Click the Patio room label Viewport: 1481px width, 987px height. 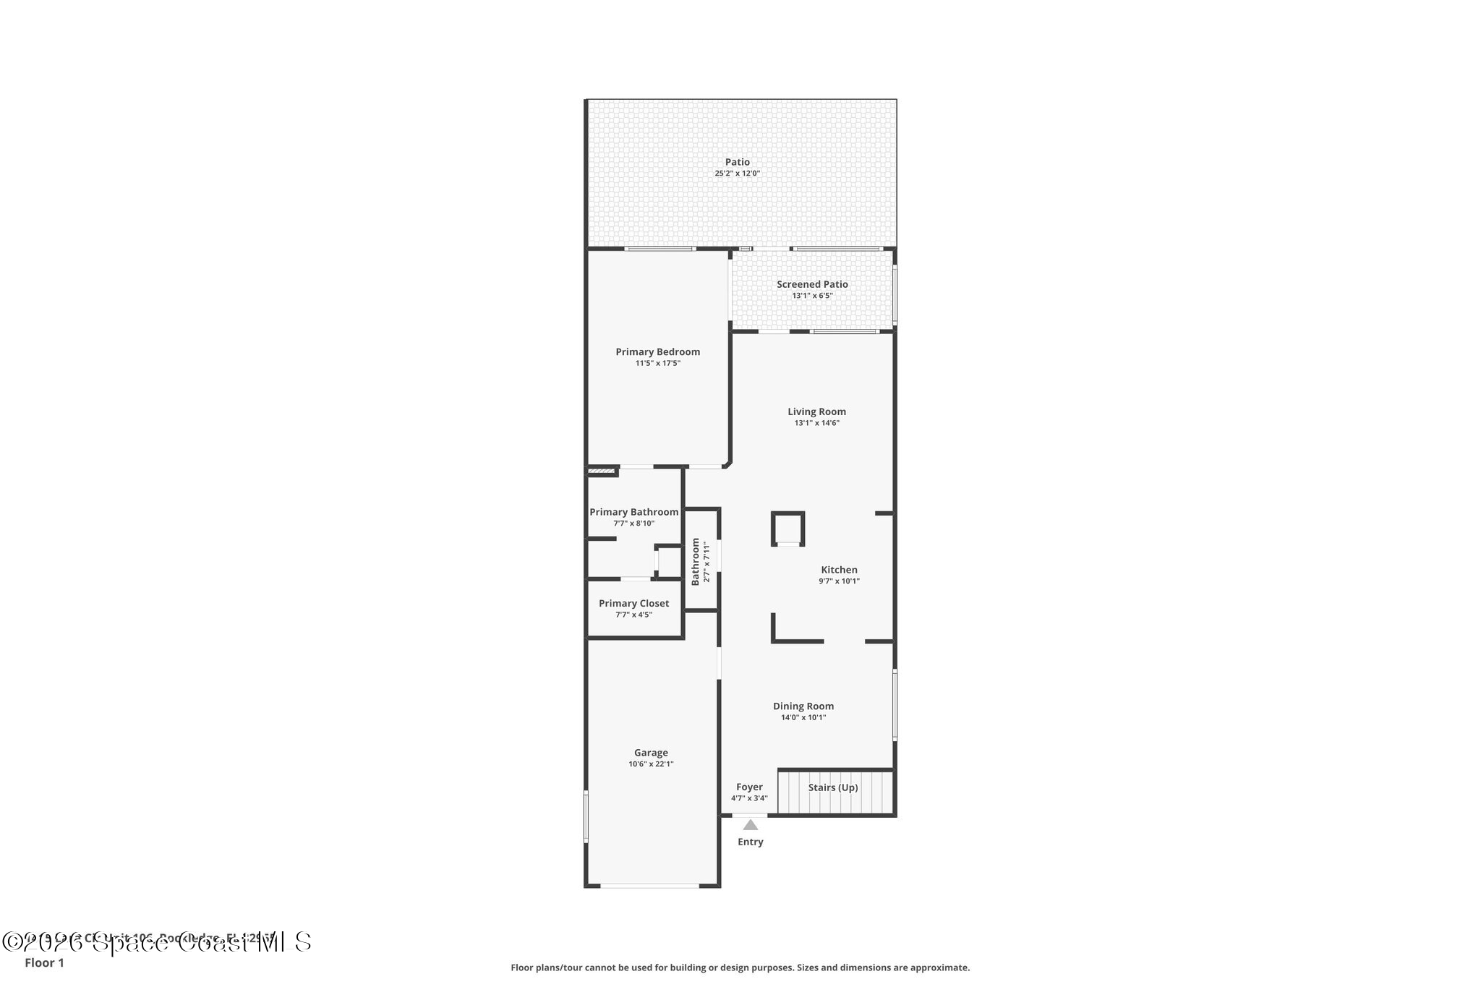point(737,162)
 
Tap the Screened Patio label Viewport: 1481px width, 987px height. point(812,284)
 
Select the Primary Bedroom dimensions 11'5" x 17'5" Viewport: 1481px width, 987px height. point(657,364)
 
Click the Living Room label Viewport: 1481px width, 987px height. point(816,411)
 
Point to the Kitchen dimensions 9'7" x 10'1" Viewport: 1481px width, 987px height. point(839,581)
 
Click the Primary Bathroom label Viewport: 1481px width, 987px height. point(633,512)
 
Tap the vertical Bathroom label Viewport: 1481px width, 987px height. point(696,561)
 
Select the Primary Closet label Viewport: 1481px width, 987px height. point(633,603)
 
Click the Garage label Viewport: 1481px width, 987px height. point(651,753)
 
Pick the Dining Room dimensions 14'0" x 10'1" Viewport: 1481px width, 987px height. point(803,718)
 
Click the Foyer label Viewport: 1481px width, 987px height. point(749,787)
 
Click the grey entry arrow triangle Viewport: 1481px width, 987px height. point(751,825)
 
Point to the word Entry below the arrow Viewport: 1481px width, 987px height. point(750,842)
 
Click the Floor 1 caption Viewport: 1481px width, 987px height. point(44,963)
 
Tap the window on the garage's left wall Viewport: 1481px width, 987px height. point(586,816)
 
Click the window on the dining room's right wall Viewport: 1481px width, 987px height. point(895,705)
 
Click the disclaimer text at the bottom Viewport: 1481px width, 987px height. point(740,967)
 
